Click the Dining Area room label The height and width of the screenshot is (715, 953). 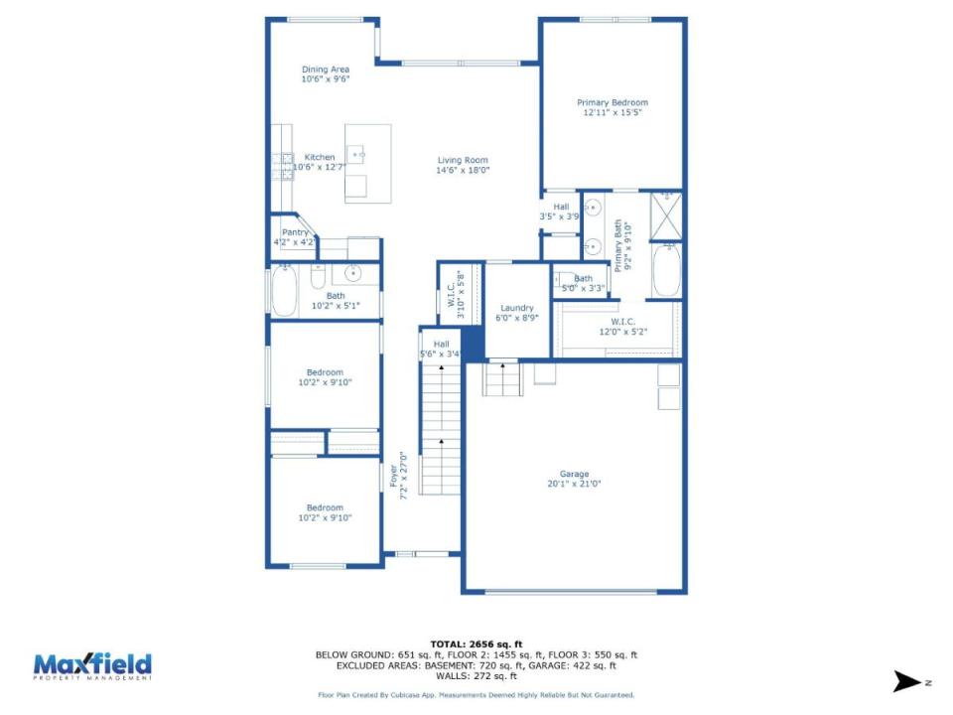(x=326, y=70)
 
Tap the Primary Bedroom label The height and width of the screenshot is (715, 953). (x=613, y=102)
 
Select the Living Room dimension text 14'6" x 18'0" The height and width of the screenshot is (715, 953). (x=463, y=170)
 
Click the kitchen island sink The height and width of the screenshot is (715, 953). (x=355, y=155)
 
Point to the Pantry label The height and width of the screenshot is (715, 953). (x=295, y=232)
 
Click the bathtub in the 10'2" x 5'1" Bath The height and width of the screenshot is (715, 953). (x=284, y=291)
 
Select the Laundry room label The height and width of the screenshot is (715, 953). (x=517, y=308)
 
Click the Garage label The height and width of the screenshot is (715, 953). (x=575, y=474)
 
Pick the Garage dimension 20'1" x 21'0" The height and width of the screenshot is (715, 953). (x=575, y=484)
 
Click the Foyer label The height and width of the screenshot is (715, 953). (x=393, y=476)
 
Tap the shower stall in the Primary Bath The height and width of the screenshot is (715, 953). (x=666, y=216)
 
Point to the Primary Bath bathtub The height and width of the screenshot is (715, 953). (x=666, y=270)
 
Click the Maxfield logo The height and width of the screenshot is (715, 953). (x=92, y=666)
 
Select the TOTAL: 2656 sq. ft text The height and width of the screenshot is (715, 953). (x=476, y=644)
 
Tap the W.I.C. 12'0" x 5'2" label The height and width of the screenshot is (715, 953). (x=623, y=327)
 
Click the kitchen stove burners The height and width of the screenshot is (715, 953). (x=283, y=167)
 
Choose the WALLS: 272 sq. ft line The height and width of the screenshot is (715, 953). (x=476, y=676)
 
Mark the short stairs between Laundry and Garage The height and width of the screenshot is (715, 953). (x=502, y=378)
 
